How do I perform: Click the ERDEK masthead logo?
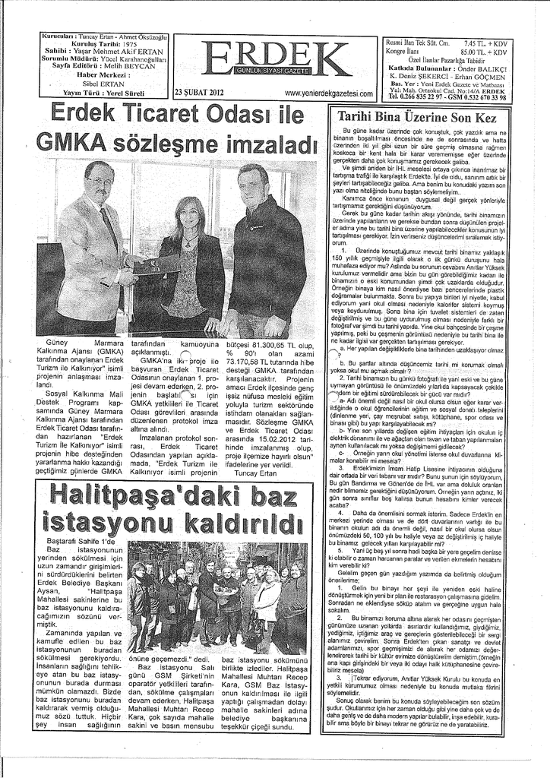click(x=274, y=59)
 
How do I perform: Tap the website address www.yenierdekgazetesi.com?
click(x=328, y=93)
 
